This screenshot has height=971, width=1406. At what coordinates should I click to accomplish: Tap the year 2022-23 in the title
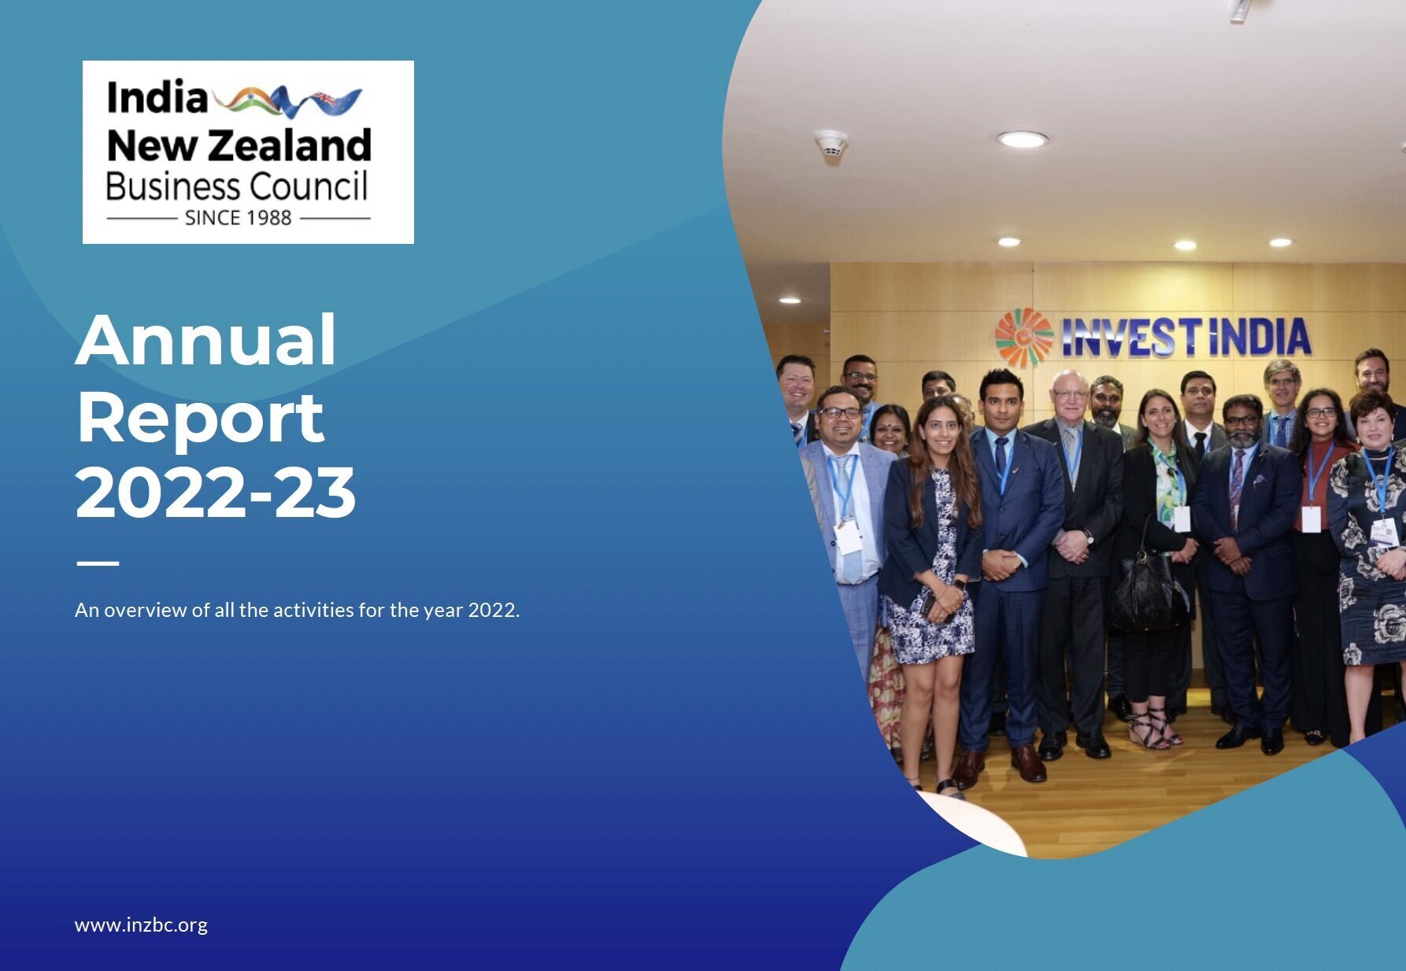pyautogui.click(x=216, y=493)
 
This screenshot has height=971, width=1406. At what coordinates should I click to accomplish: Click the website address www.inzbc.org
pyautogui.click(x=141, y=925)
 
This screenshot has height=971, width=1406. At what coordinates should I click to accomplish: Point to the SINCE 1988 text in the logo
pyautogui.click(x=238, y=218)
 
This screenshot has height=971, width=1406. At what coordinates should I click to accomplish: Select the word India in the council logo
pyautogui.click(x=157, y=98)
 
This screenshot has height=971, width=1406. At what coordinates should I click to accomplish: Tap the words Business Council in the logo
pyautogui.click(x=237, y=186)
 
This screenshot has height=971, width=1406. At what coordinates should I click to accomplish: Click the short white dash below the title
pyautogui.click(x=98, y=563)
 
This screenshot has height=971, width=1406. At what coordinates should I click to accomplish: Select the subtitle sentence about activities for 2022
pyautogui.click(x=298, y=610)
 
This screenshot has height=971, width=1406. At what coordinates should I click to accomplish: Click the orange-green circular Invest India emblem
pyautogui.click(x=1023, y=338)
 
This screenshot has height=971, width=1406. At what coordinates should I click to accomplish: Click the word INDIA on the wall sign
pyautogui.click(x=1260, y=337)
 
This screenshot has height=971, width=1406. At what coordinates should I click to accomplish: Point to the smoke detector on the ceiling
pyautogui.click(x=831, y=144)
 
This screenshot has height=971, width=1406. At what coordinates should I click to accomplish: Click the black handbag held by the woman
pyautogui.click(x=1149, y=593)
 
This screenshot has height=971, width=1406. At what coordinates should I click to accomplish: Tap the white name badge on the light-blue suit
pyautogui.click(x=848, y=537)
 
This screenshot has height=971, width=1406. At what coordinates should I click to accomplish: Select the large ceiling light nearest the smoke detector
pyautogui.click(x=1023, y=140)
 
